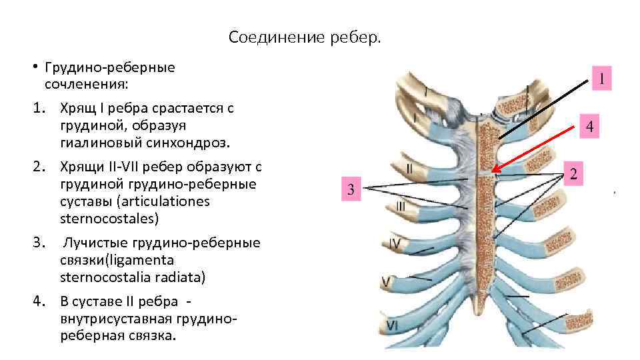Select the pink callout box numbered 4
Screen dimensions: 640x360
tap(589, 125)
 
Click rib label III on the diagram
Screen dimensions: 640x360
tap(400, 207)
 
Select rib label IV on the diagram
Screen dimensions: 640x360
tap(395, 245)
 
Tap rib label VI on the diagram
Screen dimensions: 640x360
tap(392, 325)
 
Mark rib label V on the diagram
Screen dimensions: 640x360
tap(385, 283)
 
